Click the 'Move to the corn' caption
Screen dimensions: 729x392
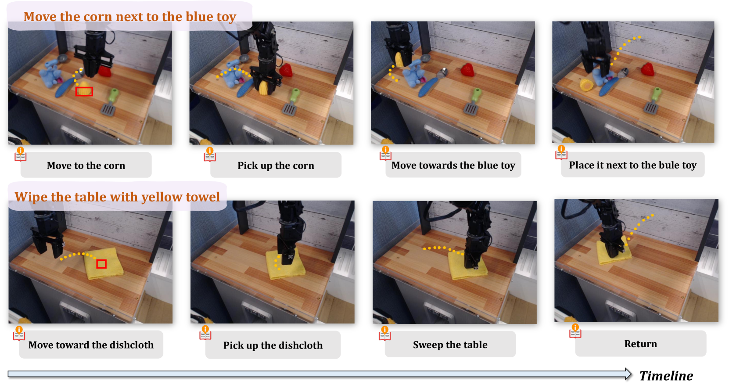(x=86, y=165)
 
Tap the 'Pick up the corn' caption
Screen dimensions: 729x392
(x=276, y=165)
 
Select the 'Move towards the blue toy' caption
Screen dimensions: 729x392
(x=453, y=165)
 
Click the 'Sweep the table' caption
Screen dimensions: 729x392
(x=450, y=345)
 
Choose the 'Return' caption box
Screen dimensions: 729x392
(x=640, y=343)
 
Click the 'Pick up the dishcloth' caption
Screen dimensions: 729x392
(x=273, y=345)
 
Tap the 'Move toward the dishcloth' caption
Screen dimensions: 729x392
(x=91, y=345)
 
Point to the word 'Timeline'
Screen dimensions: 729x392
(x=666, y=376)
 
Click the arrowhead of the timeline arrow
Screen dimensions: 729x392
(x=628, y=374)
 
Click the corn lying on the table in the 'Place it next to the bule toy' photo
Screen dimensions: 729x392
(x=587, y=85)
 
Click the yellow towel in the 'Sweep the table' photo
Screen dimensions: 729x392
(x=467, y=265)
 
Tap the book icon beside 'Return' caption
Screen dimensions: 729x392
(x=575, y=331)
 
